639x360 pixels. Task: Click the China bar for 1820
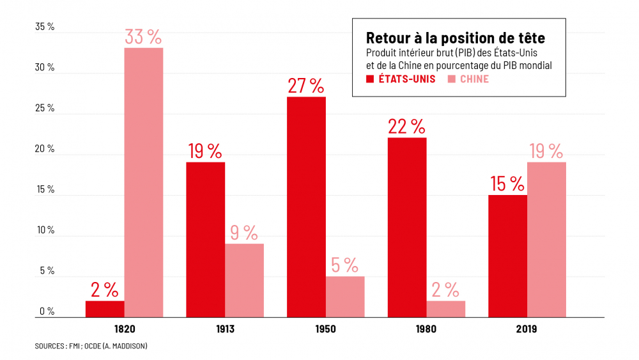coord(144,182)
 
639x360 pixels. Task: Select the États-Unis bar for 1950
coord(306,207)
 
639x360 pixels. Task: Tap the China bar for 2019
coord(546,239)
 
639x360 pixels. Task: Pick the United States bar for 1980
coord(407,227)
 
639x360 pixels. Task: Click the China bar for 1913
coord(244,280)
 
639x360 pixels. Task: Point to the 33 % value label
coord(144,37)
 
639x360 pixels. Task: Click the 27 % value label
coord(306,86)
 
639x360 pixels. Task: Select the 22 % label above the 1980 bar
coord(407,127)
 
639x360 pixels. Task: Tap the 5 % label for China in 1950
coord(345,265)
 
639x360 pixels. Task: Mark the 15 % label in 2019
coord(507,184)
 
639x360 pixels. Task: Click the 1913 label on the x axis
coord(225,329)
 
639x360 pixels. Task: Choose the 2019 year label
coord(527,329)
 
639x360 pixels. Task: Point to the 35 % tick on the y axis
coord(45,27)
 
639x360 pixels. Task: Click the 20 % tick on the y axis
coord(45,150)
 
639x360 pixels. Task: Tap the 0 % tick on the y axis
coord(47,312)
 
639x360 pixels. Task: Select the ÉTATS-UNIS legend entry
coord(401,79)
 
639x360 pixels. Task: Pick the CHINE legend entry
coord(468,79)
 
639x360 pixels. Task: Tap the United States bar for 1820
coord(105,309)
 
